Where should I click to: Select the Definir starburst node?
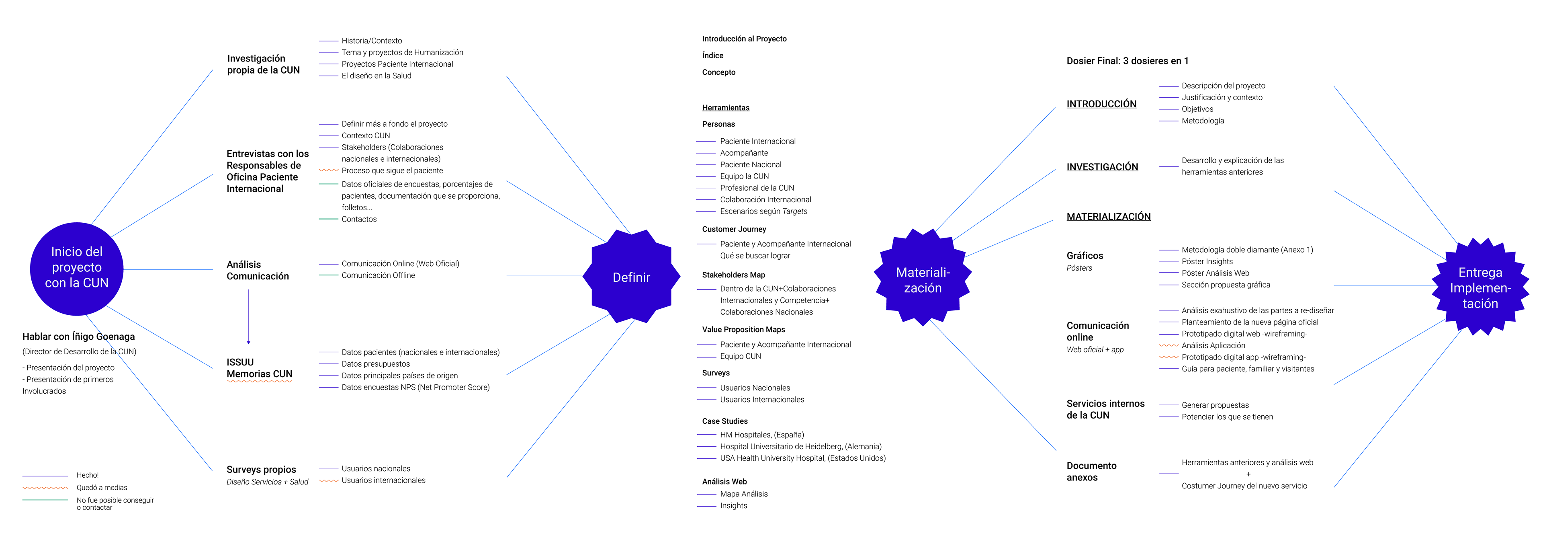pos(631,277)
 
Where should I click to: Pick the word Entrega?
pos(1480,273)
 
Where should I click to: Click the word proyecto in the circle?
pos(77,267)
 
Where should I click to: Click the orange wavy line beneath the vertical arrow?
pos(259,381)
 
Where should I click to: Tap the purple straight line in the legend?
pos(45,476)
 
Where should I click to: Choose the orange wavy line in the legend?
pos(45,488)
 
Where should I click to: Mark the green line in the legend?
pos(45,500)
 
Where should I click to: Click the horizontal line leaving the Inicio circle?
pos(168,270)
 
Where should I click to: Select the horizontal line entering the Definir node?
pos(545,276)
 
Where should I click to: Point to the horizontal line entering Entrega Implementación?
pos(1383,286)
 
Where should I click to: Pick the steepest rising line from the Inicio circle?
pos(152,147)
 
